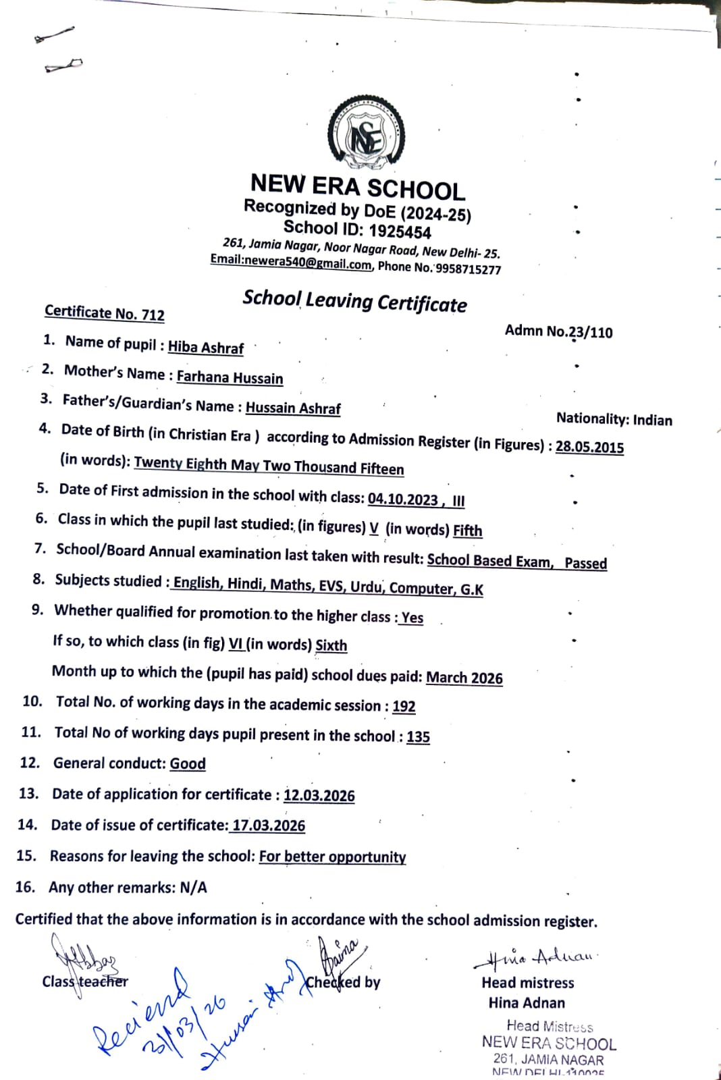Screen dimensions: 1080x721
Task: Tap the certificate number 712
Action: click(x=153, y=315)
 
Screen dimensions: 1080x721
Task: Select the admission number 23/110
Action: click(x=591, y=332)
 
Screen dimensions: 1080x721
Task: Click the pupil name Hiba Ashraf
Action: click(x=205, y=347)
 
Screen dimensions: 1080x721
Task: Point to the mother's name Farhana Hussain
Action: click(x=230, y=377)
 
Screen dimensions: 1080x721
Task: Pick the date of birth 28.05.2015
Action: click(x=589, y=447)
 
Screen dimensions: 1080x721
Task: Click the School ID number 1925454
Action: click(x=400, y=232)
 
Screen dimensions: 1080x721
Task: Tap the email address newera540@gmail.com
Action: click(x=290, y=262)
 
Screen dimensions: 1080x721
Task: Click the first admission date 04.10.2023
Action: click(x=403, y=499)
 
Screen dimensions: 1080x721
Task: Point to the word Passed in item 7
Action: click(x=585, y=563)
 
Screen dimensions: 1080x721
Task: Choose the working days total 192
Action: click(x=404, y=706)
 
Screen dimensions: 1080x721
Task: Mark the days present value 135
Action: click(x=418, y=736)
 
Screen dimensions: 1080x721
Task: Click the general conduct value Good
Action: click(x=187, y=763)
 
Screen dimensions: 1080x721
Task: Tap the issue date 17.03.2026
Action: click(x=269, y=826)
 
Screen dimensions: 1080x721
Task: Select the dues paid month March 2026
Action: click(x=464, y=678)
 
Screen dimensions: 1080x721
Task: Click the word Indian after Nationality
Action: click(x=652, y=421)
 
